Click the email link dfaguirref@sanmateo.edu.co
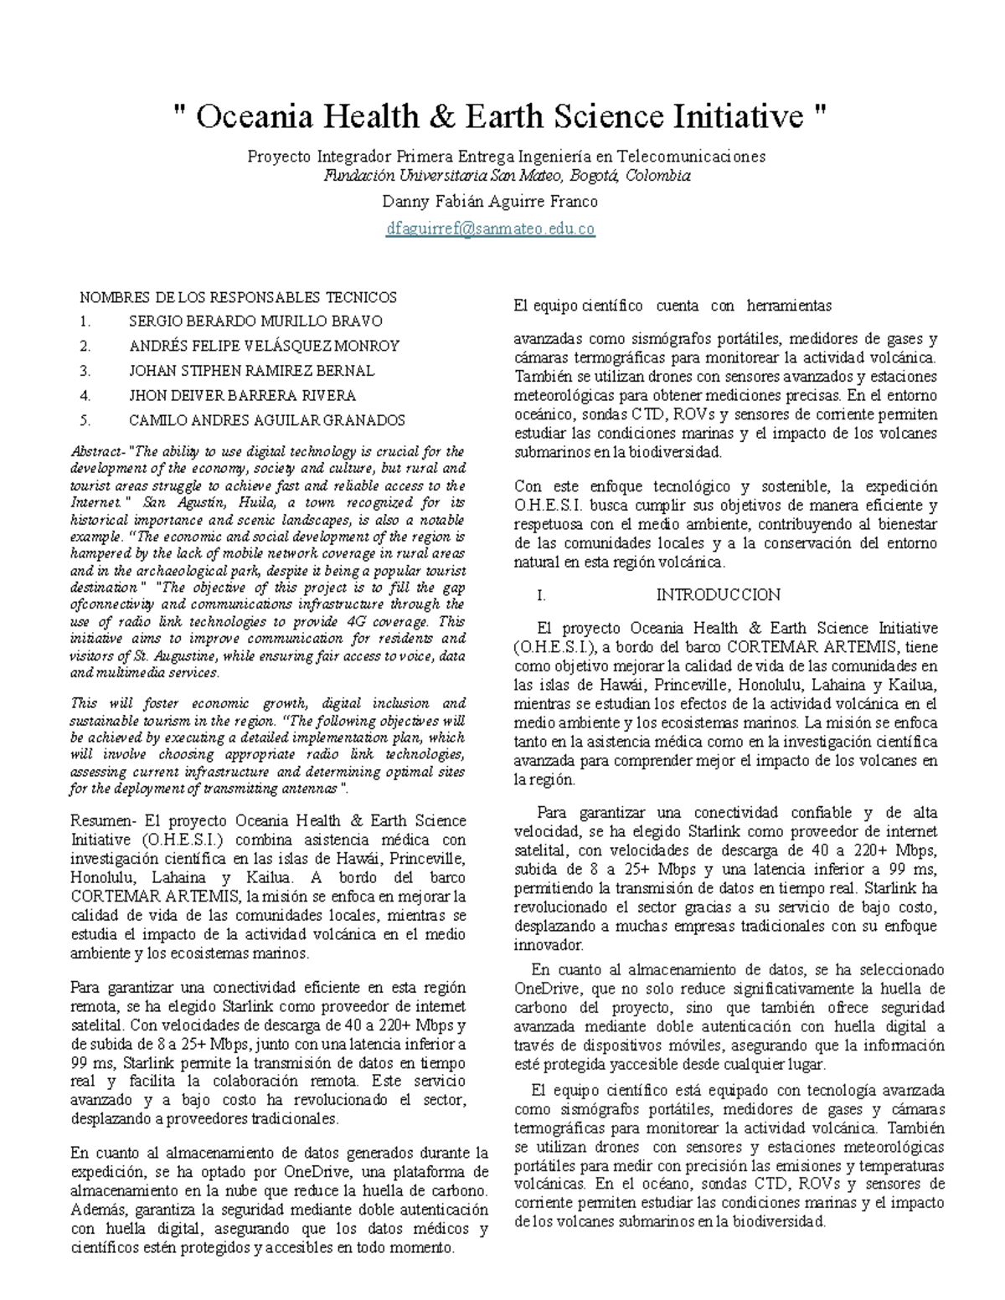(x=490, y=229)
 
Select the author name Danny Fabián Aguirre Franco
(x=490, y=202)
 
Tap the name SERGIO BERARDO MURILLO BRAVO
(x=255, y=321)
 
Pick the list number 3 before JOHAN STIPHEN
(x=85, y=371)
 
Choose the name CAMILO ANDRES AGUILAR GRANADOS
(x=266, y=420)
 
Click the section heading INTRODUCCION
(x=718, y=595)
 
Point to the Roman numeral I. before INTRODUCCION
(x=542, y=595)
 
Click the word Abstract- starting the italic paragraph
(x=98, y=451)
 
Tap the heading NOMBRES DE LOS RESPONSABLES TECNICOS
(x=238, y=297)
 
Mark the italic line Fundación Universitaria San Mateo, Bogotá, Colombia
(x=507, y=176)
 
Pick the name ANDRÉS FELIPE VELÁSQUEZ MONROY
(x=264, y=346)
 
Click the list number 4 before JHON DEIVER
(x=85, y=395)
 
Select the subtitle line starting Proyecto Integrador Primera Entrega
(x=506, y=157)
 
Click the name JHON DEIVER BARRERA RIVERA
(x=242, y=395)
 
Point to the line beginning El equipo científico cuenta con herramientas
(x=673, y=306)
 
